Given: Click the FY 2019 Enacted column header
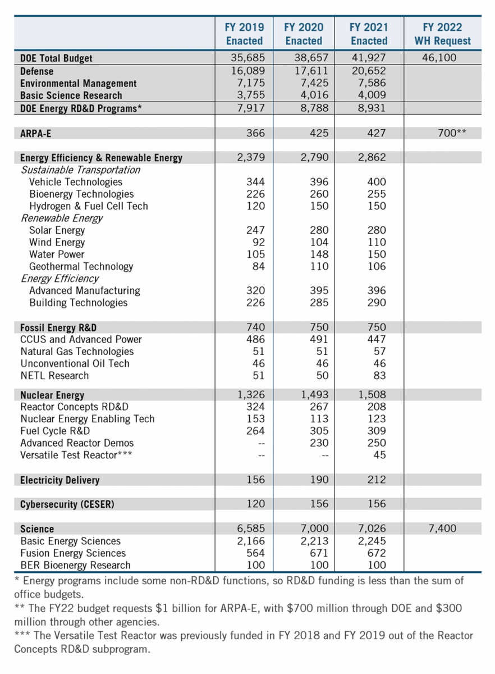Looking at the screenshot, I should pyautogui.click(x=244, y=34).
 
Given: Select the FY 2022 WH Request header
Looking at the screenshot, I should pyautogui.click(x=442, y=34).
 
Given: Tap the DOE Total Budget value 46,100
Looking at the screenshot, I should pyautogui.click(x=439, y=58).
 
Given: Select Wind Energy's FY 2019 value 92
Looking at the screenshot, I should pyautogui.click(x=256, y=243).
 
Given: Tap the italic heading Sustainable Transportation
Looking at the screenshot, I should pyautogui.click(x=80, y=170).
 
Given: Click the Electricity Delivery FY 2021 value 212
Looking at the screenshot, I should pyautogui.click(x=376, y=480).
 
